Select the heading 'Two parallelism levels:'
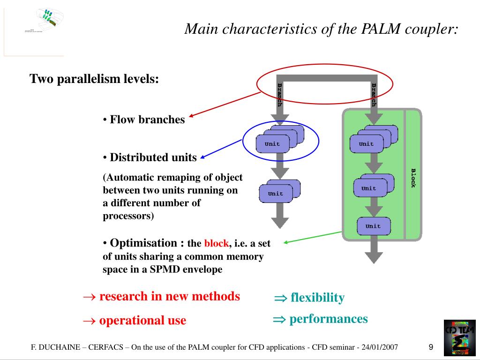[x=95, y=79]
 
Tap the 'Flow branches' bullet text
[x=147, y=120]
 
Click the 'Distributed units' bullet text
[x=153, y=157]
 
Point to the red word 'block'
[x=216, y=244]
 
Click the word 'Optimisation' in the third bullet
[x=143, y=243]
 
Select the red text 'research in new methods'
[x=169, y=296]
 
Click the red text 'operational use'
[x=142, y=321]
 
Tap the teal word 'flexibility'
[x=317, y=297]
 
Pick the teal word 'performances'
[x=328, y=319]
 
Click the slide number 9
[x=431, y=347]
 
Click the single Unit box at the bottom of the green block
[x=373, y=226]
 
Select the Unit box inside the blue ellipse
[x=273, y=144]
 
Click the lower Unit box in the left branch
[x=276, y=194]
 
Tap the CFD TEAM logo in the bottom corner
[x=459, y=337]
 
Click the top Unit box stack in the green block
[x=367, y=144]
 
